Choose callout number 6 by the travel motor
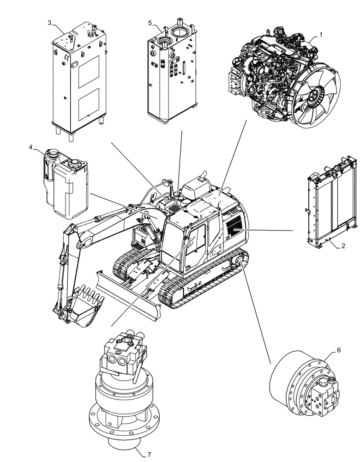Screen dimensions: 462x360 [x=339, y=350]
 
